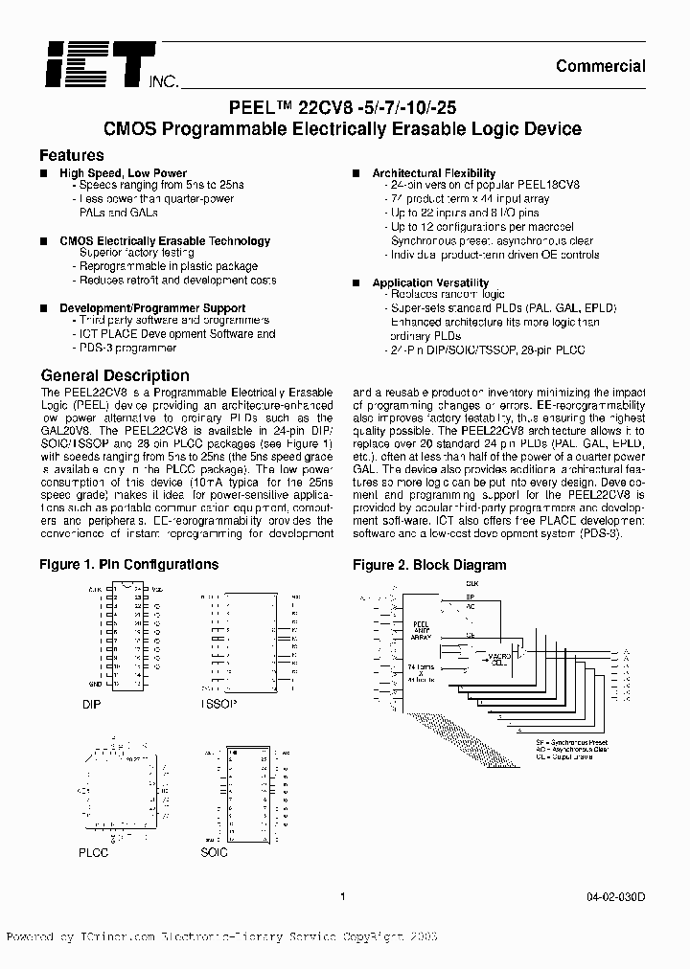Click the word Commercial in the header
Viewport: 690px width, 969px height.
(601, 66)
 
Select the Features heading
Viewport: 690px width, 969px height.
(72, 155)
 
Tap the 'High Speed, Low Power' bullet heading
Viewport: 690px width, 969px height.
(124, 173)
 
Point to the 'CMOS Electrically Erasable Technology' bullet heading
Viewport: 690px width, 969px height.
(165, 241)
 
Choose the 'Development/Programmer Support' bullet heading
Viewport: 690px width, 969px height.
(152, 308)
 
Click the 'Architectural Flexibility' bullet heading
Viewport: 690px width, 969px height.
(434, 173)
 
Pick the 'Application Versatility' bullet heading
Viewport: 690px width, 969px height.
(430, 283)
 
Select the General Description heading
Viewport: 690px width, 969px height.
(115, 375)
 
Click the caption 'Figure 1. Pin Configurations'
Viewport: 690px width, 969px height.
(129, 565)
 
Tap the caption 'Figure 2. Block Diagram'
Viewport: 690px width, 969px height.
(429, 565)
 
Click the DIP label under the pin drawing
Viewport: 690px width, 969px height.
(91, 704)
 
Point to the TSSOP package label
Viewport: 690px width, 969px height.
(218, 704)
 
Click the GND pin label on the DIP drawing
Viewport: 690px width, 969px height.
(97, 684)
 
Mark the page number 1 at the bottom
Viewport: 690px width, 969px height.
(342, 897)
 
